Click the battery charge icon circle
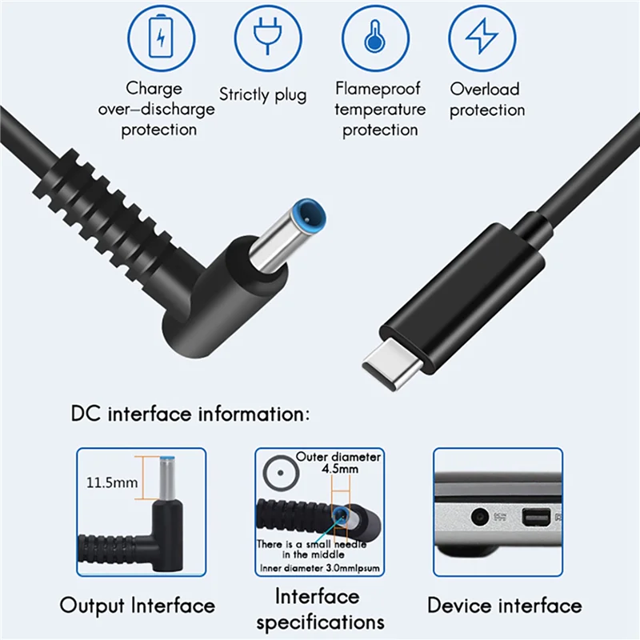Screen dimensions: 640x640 162,38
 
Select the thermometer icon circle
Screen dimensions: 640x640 374,38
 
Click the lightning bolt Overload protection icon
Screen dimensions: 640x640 481,38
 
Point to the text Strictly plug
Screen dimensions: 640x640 263,94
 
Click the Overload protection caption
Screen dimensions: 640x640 485,100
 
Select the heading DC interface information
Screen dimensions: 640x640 190,414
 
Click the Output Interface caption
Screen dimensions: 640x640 138,606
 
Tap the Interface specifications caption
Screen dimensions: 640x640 320,609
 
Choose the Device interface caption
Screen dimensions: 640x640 504,605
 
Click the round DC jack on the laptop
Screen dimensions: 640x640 480,517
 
